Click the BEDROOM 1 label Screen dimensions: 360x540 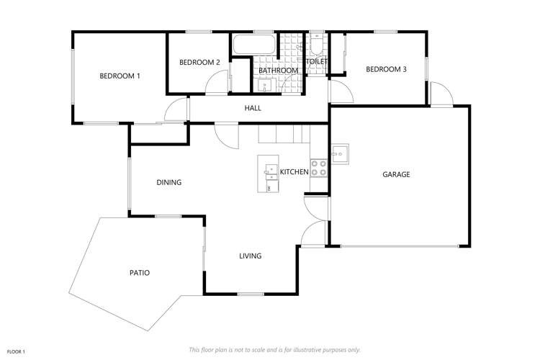tap(120, 76)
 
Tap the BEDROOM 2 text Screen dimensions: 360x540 tap(199, 62)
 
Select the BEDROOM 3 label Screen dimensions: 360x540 tap(386, 69)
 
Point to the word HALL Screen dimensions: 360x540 tap(253, 108)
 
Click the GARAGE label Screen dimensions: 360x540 tap(396, 174)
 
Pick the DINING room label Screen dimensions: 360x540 tap(168, 182)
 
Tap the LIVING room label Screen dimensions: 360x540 tap(250, 256)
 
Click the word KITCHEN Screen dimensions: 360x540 tap(294, 171)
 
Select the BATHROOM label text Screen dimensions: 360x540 tap(279, 71)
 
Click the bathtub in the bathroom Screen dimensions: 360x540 tap(253, 45)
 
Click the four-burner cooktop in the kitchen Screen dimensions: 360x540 tap(318, 168)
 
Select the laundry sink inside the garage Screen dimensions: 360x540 tap(340, 153)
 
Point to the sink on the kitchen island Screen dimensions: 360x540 tap(270, 171)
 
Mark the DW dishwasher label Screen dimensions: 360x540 tap(269, 187)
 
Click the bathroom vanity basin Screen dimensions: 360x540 tap(264, 86)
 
